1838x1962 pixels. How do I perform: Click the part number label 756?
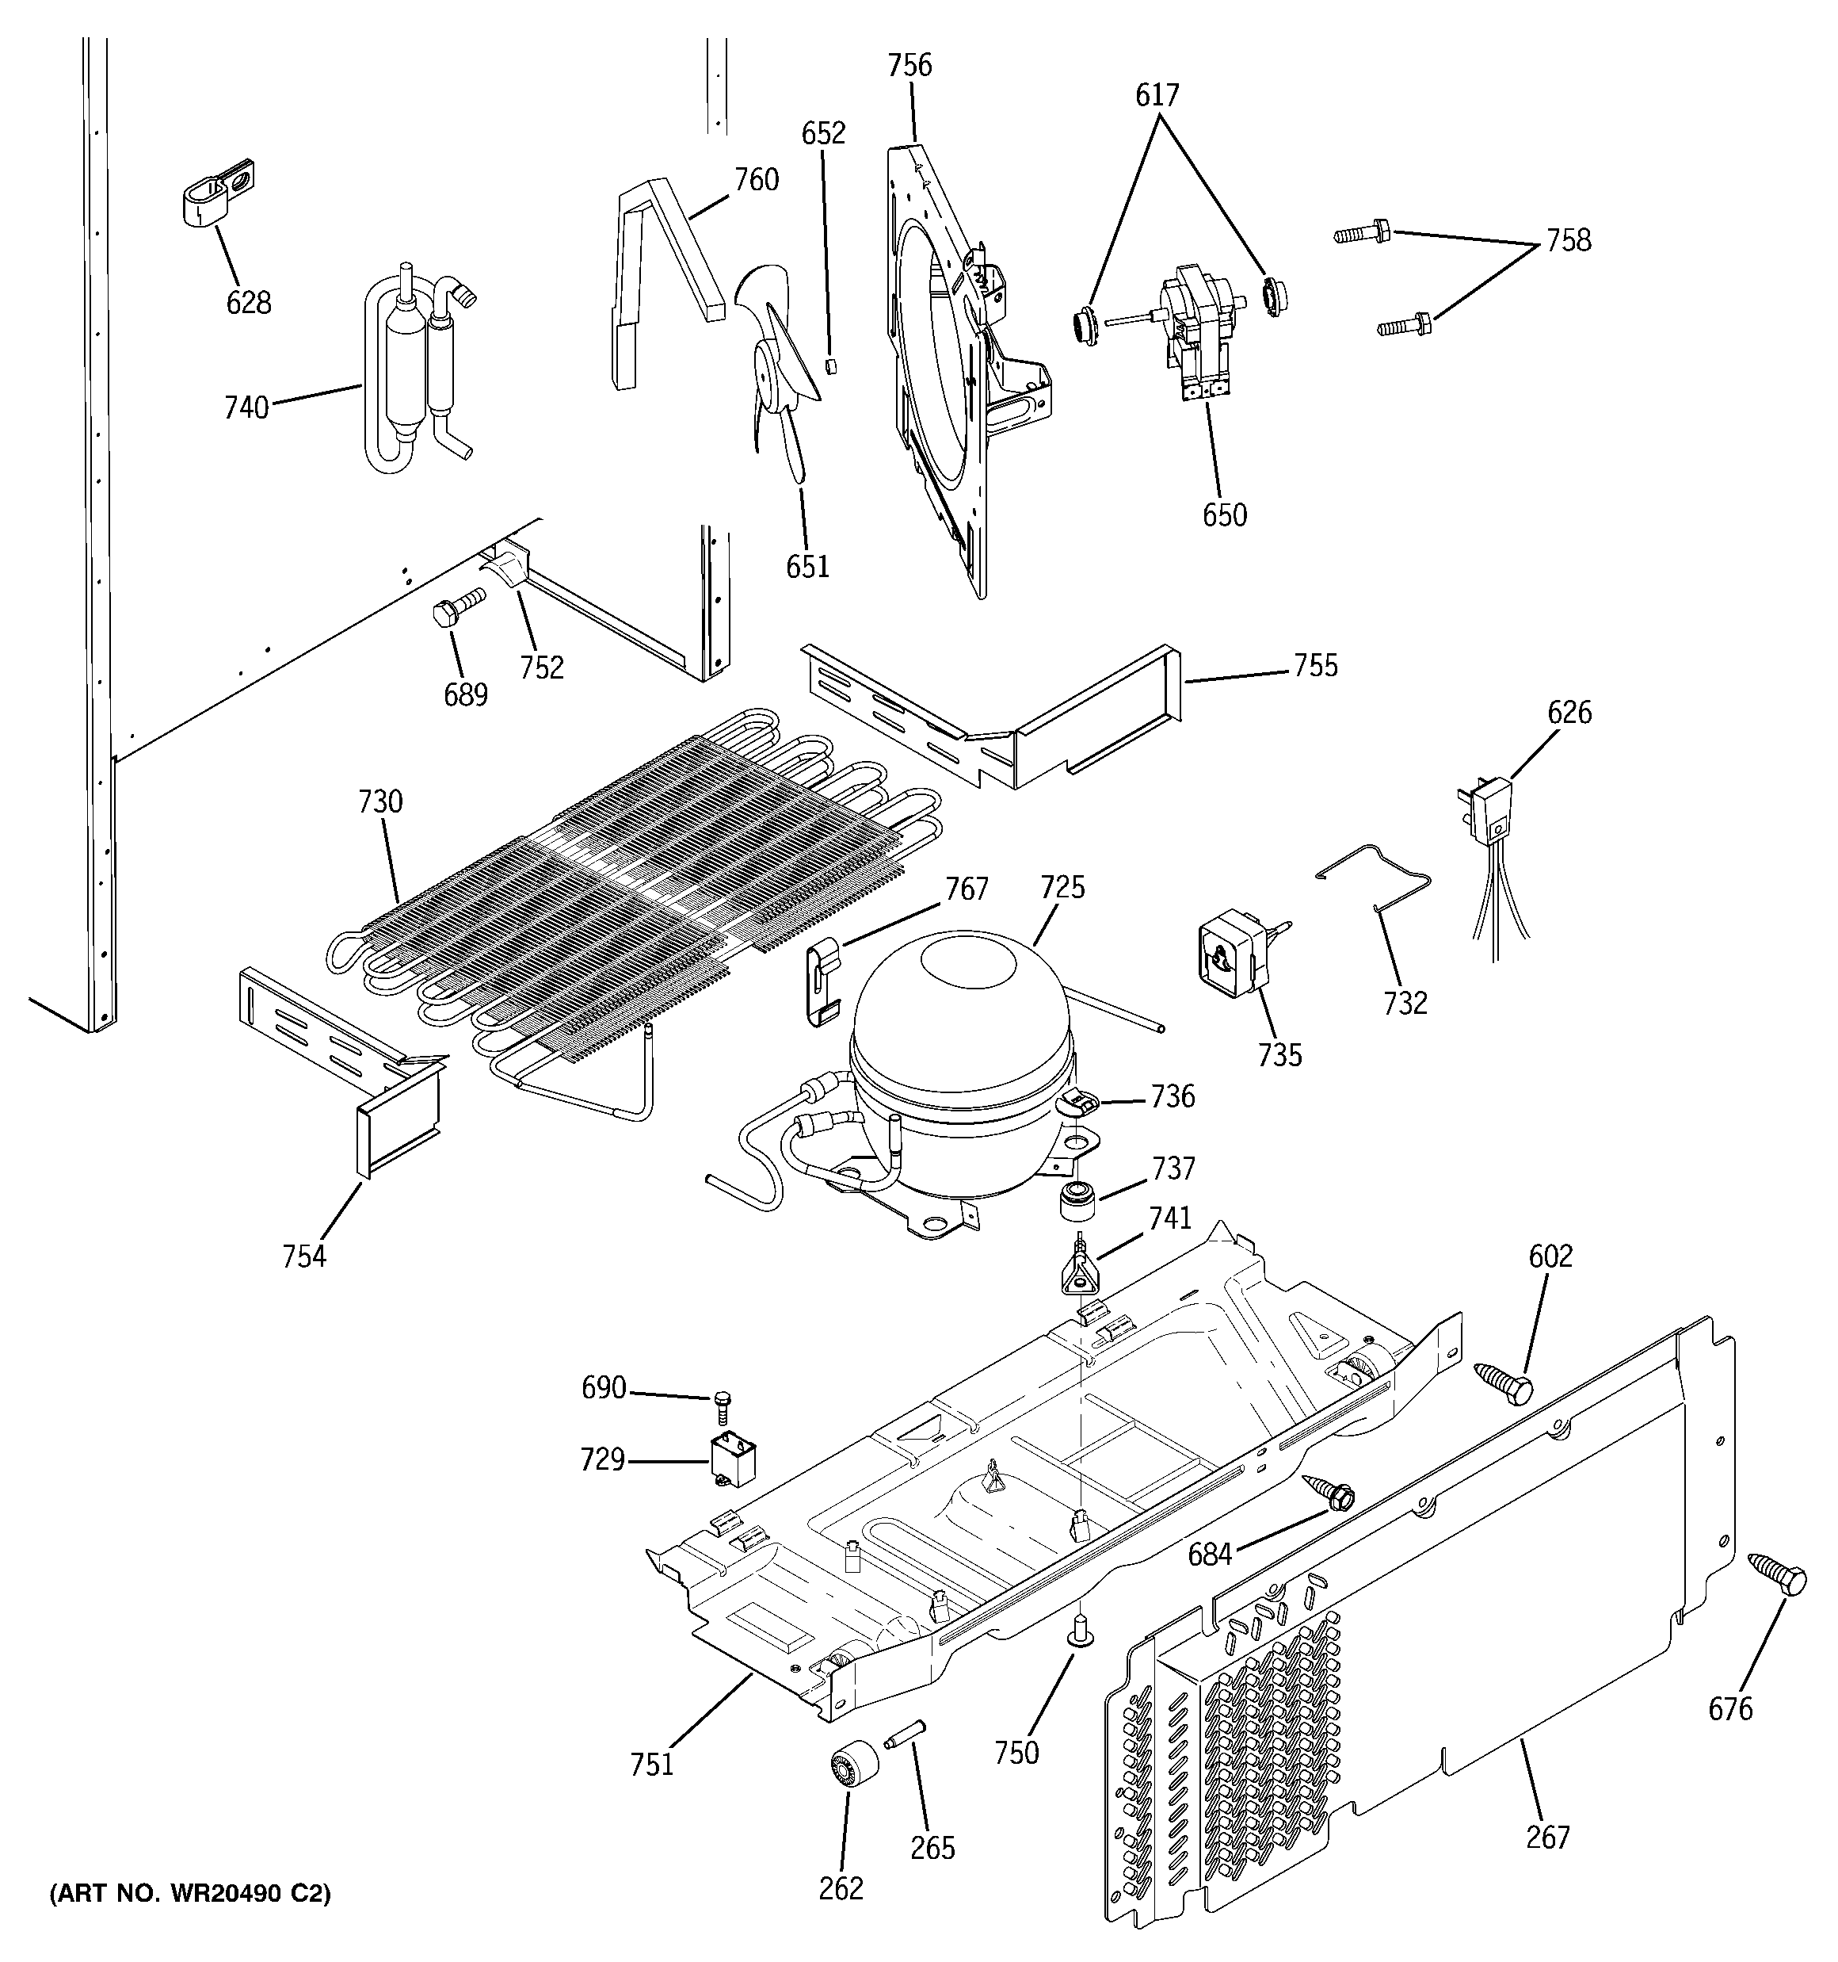tap(909, 66)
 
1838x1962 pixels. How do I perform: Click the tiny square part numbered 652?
tap(831, 366)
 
